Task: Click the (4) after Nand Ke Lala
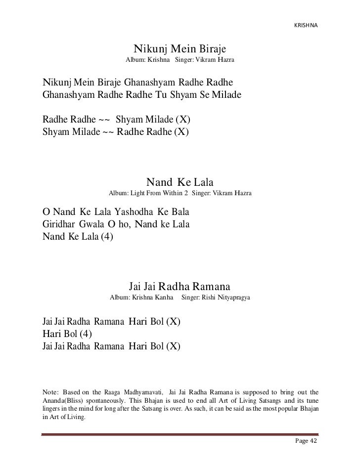coord(106,236)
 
